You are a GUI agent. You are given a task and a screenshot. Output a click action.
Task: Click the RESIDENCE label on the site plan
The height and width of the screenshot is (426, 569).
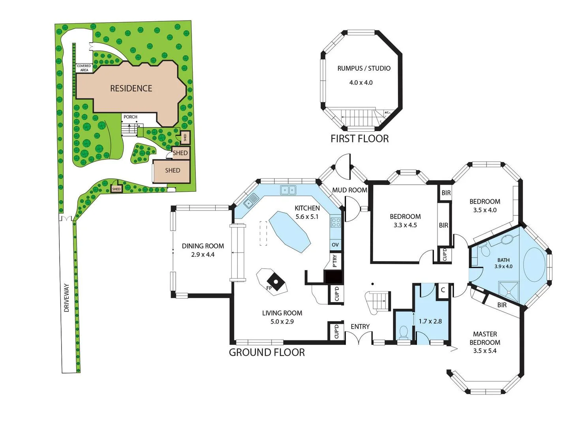[131, 88]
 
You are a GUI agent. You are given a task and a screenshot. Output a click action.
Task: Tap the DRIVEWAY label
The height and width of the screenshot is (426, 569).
[66, 298]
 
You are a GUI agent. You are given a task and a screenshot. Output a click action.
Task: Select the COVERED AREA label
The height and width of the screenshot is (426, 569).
[84, 68]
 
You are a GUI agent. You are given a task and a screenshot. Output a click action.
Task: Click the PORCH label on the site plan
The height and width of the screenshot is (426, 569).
[130, 117]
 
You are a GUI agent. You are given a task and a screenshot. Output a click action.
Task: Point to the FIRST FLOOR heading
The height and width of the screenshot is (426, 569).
[359, 139]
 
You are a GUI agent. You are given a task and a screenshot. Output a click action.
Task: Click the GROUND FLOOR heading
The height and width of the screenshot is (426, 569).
[267, 353]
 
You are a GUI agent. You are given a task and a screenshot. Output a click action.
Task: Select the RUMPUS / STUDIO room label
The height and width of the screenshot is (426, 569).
[364, 68]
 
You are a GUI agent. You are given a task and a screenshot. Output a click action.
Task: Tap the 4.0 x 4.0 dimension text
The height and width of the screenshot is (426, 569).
[361, 82]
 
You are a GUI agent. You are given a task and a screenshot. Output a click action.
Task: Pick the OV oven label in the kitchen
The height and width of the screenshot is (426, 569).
[335, 245]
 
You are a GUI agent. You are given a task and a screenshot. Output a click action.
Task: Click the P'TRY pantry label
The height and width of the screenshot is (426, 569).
[335, 261]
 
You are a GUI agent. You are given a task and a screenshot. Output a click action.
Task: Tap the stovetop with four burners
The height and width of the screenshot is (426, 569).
[336, 222]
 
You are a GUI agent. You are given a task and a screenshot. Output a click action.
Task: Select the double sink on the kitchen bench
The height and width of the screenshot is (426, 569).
[288, 190]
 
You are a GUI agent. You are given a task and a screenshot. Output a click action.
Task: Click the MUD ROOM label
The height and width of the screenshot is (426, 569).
[349, 190]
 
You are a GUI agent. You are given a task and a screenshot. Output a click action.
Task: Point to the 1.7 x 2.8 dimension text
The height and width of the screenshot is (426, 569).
[430, 321]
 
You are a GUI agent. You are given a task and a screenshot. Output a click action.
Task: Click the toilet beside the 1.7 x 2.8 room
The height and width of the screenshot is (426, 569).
[403, 332]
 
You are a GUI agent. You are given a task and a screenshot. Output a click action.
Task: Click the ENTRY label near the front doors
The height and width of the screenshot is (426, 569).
[360, 327]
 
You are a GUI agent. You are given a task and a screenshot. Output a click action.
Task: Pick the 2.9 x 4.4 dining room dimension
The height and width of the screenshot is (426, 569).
[203, 255]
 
